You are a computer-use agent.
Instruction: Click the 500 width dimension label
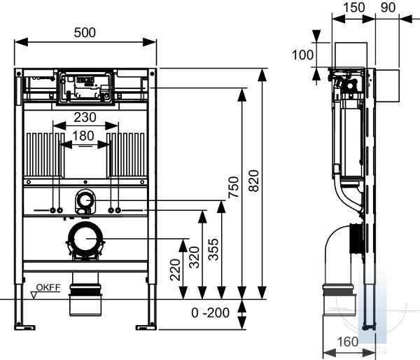(85, 33)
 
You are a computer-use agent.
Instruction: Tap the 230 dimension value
(85, 117)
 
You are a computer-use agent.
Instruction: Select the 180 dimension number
(83, 136)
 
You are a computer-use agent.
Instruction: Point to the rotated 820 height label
(254, 181)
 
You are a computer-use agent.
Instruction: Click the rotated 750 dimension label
(234, 187)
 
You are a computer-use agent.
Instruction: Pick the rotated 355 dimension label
(213, 249)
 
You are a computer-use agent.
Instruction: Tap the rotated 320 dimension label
(195, 257)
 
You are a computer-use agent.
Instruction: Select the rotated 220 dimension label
(176, 270)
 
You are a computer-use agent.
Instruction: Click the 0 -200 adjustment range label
(210, 312)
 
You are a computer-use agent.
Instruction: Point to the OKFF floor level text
(48, 288)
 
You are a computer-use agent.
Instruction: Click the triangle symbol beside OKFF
(34, 296)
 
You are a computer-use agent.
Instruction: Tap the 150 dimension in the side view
(353, 8)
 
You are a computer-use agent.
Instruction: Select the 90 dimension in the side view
(388, 8)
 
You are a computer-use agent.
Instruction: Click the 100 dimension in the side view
(302, 55)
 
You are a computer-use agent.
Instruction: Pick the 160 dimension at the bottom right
(347, 342)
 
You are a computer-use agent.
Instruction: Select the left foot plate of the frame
(24, 327)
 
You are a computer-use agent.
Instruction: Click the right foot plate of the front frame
(146, 327)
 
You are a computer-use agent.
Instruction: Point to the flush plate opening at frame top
(85, 71)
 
